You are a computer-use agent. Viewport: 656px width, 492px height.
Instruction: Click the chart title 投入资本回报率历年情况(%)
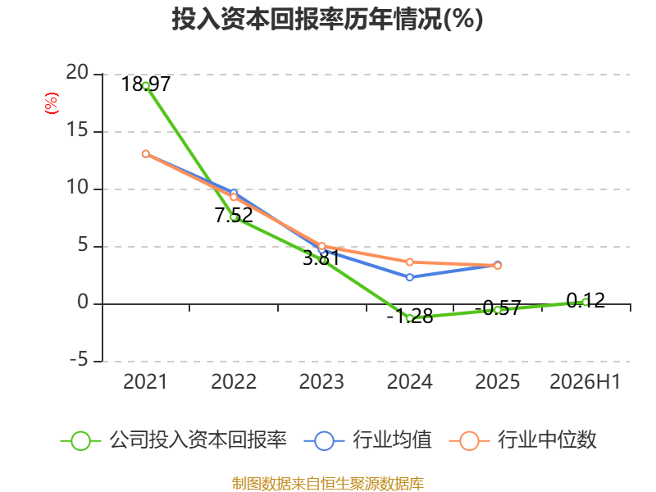click(327, 19)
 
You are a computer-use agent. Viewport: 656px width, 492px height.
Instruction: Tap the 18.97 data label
click(146, 84)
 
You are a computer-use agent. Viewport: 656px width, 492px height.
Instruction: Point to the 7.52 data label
click(234, 216)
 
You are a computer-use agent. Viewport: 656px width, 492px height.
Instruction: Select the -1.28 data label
click(409, 317)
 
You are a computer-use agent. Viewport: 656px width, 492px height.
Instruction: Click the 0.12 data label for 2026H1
click(585, 300)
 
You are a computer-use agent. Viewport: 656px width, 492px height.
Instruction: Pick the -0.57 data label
click(498, 308)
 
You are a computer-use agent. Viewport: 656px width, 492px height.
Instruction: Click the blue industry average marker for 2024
click(409, 277)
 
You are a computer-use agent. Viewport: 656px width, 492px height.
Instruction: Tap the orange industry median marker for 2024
click(409, 262)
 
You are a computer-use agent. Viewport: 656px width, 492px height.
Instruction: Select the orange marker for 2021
click(146, 154)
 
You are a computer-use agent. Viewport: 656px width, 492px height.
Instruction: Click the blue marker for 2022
click(234, 193)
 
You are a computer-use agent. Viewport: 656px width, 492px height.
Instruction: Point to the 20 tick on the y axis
click(77, 73)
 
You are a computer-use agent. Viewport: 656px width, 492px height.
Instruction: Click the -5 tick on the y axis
click(79, 360)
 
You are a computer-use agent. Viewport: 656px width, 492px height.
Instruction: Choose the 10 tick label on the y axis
click(77, 188)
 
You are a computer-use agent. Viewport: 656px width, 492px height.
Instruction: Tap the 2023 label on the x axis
click(321, 381)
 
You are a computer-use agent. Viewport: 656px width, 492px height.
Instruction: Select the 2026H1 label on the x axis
click(585, 381)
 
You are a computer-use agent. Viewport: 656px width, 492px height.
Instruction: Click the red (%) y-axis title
click(52, 103)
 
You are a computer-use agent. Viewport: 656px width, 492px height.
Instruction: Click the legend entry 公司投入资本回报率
click(174, 440)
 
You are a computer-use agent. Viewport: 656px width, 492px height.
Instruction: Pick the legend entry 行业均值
click(367, 440)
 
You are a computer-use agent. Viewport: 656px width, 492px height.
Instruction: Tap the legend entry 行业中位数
click(522, 440)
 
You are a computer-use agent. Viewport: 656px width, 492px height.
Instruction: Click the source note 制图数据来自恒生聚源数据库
click(328, 484)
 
